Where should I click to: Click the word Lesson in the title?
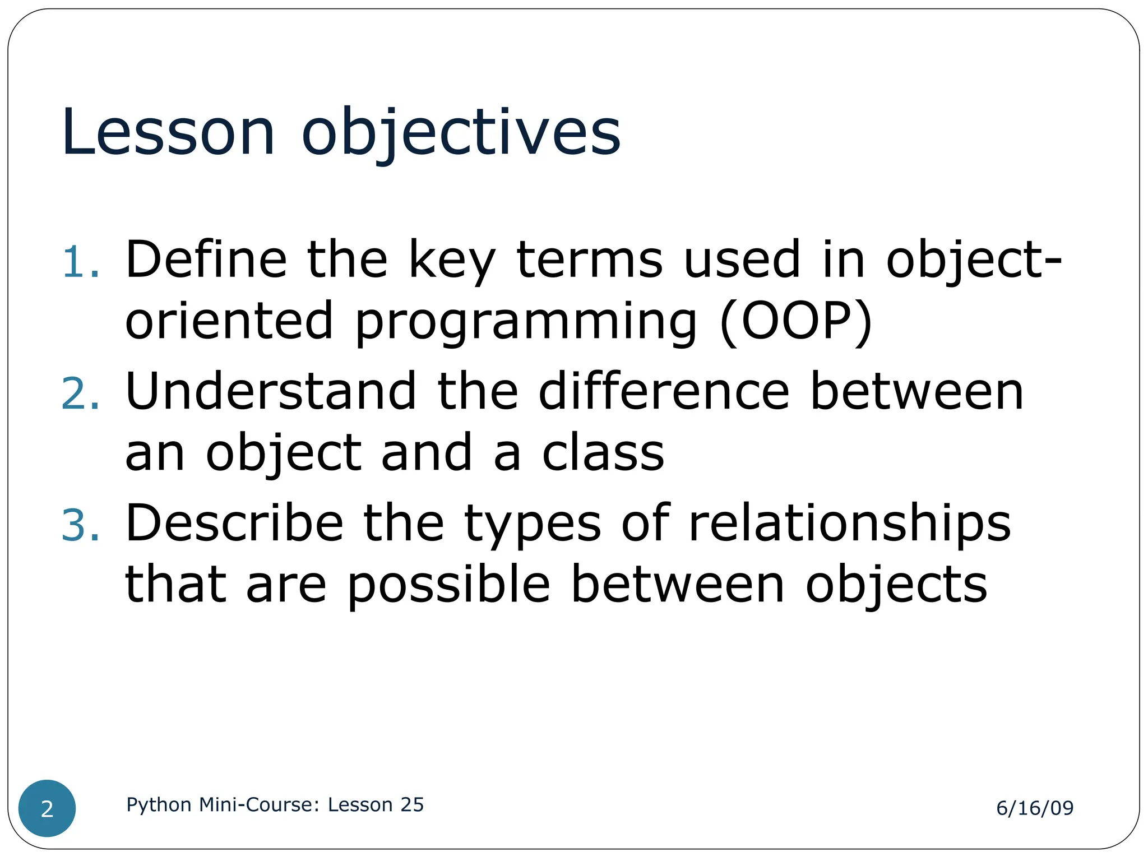click(x=168, y=133)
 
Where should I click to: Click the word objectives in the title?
click(x=461, y=133)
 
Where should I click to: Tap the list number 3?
click(x=80, y=525)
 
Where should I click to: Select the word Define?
click(x=206, y=259)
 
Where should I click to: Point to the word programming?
click(x=526, y=322)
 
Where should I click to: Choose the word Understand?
click(x=271, y=391)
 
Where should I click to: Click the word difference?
click(x=664, y=391)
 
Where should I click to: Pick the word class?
click(x=603, y=452)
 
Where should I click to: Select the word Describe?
click(x=234, y=522)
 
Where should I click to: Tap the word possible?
click(x=448, y=586)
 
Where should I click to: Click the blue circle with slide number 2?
click(x=47, y=808)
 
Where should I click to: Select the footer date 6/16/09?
click(x=1035, y=808)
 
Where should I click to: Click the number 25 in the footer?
click(x=412, y=804)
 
